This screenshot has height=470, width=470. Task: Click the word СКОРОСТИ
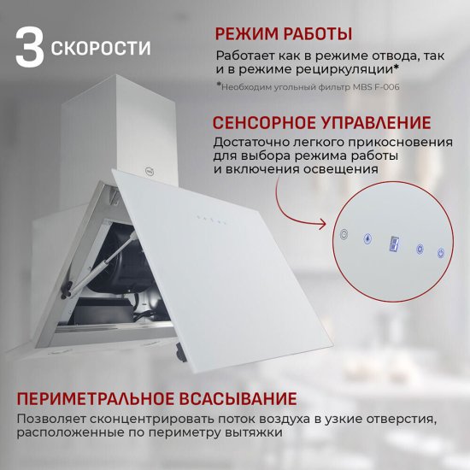click(101, 49)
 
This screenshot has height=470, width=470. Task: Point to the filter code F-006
click(385, 86)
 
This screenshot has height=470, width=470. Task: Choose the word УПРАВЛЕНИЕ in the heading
click(377, 122)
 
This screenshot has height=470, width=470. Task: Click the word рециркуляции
click(343, 68)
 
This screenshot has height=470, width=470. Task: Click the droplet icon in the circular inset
click(367, 239)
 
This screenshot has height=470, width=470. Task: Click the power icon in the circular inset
click(441, 253)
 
